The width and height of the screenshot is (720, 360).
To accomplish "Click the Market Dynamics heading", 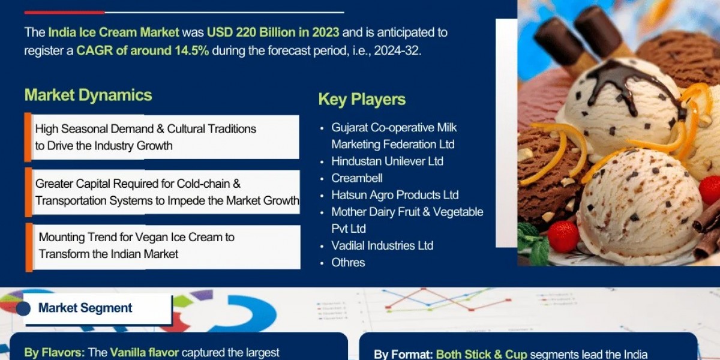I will [88, 95].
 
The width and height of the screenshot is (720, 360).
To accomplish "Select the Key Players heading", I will [362, 99].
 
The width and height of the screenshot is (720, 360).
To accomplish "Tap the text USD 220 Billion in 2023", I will [273, 32].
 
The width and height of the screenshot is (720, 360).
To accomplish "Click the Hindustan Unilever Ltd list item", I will [387, 161].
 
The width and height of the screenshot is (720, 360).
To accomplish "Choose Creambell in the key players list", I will [356, 178].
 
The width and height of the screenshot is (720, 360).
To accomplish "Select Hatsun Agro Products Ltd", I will [395, 195].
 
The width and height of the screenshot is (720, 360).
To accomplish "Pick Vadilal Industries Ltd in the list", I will [382, 245].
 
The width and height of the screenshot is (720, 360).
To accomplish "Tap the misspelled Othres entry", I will [348, 262].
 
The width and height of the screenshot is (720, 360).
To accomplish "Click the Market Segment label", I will [85, 308].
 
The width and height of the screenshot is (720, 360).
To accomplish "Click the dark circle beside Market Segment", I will [23, 309].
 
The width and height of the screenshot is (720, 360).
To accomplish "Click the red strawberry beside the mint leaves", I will [563, 236].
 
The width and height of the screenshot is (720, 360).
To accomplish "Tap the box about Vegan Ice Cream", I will [163, 246].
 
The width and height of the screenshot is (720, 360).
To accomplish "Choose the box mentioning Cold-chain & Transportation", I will [163, 193].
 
